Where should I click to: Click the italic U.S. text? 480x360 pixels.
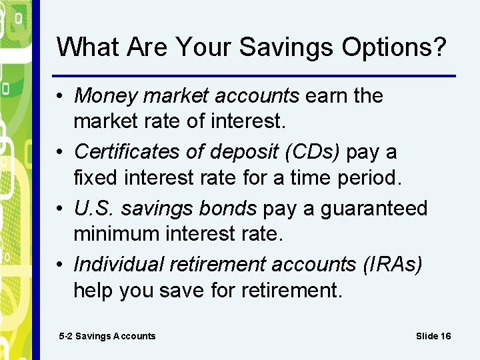94,208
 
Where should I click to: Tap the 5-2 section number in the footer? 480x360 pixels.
65,336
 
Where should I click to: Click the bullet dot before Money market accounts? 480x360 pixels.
61,97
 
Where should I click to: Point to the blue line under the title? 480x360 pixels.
253,75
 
